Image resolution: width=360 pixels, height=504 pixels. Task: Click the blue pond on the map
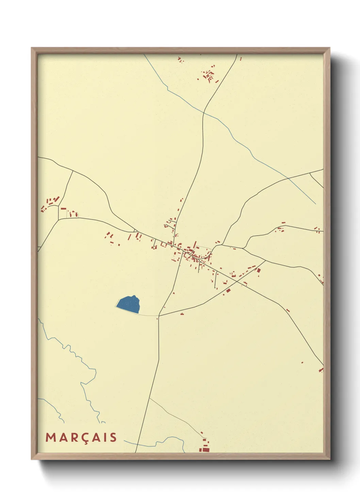click(x=129, y=304)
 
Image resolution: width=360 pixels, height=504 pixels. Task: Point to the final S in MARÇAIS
click(x=113, y=438)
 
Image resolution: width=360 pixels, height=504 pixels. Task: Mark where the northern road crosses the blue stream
click(x=204, y=112)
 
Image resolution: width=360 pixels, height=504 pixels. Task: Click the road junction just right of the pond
click(x=159, y=316)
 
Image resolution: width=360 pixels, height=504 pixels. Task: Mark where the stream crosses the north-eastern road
click(x=288, y=178)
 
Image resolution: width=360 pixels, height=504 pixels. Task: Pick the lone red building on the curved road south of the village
click(x=182, y=314)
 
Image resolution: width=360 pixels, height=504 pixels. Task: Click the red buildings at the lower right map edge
click(x=321, y=369)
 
